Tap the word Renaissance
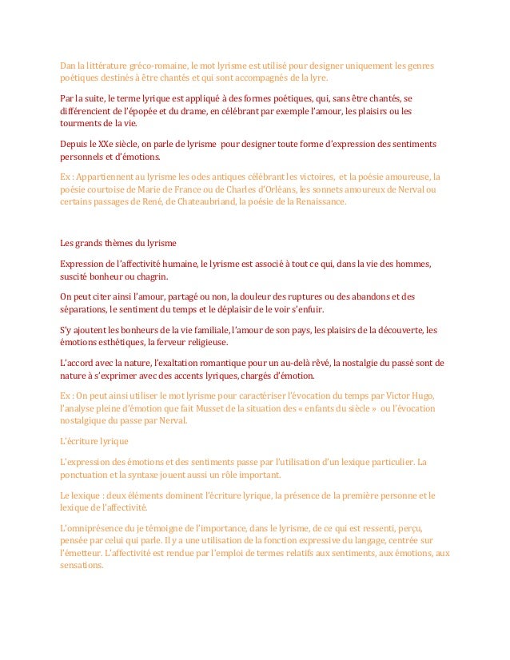[321, 203]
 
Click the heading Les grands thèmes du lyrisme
[118, 243]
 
